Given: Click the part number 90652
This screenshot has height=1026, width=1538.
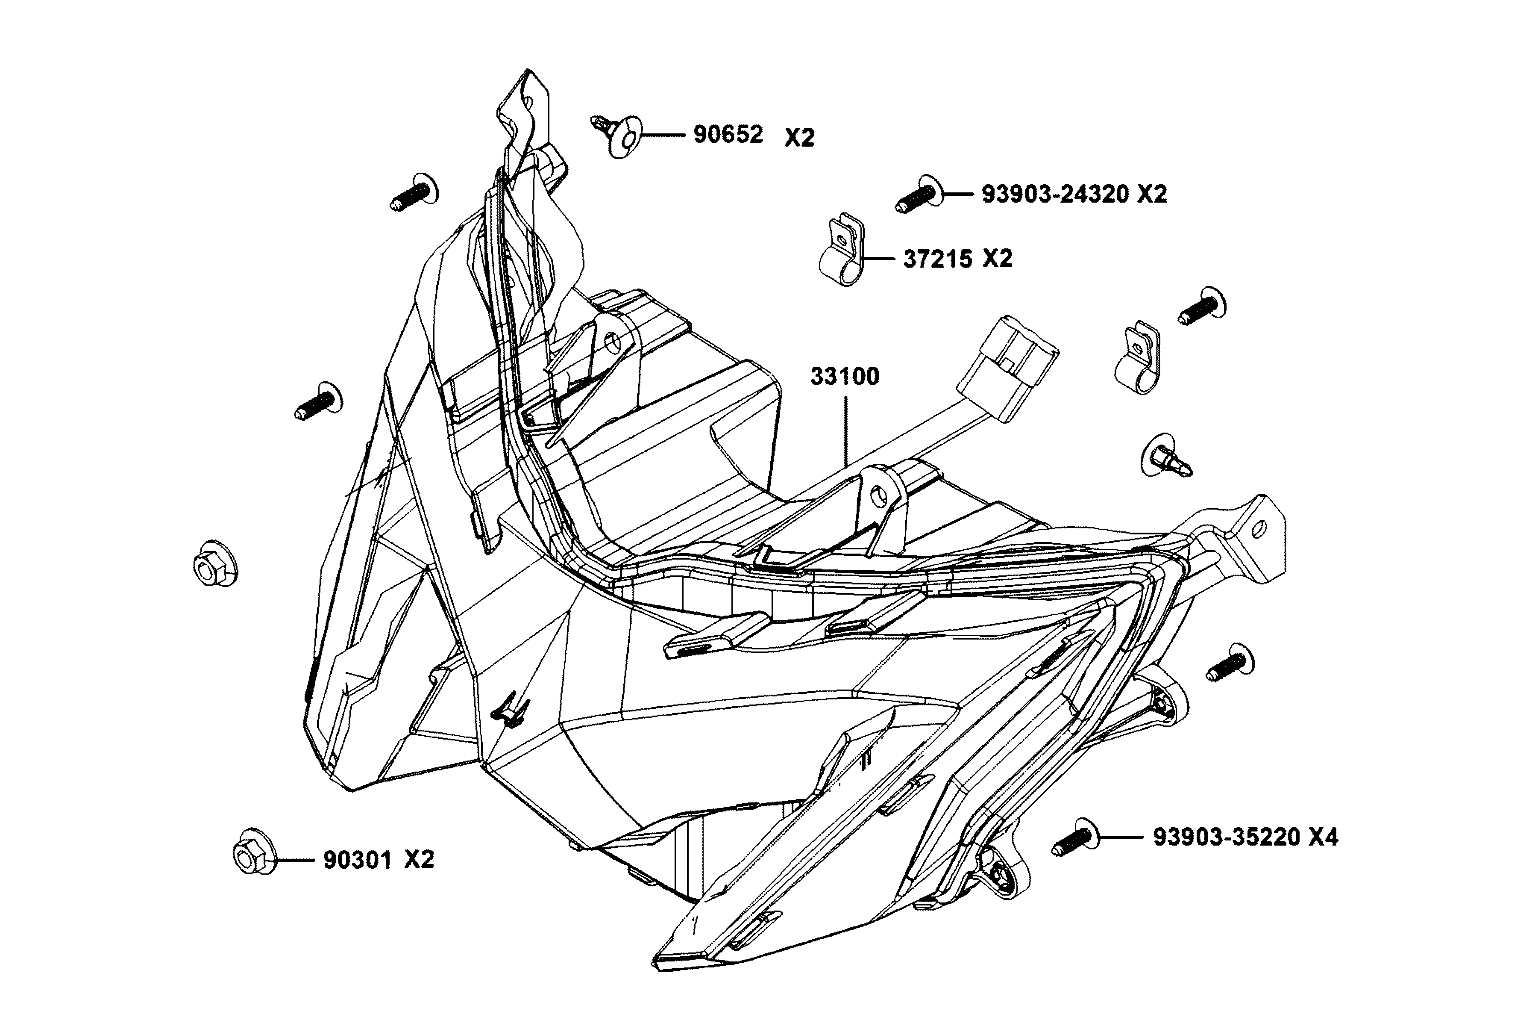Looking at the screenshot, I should click(728, 135).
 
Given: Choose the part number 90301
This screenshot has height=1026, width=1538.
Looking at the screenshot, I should click(357, 860).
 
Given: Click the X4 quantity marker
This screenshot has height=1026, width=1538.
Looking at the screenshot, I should click(1323, 837).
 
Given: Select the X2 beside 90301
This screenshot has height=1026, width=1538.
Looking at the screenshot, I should click(419, 860).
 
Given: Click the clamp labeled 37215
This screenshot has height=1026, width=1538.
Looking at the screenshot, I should click(842, 251).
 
